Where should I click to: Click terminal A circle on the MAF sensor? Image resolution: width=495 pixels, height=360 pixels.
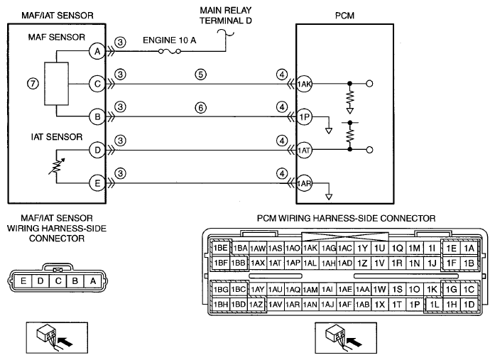[x=97, y=51]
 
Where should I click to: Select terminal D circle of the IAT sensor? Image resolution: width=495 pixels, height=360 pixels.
[x=97, y=150]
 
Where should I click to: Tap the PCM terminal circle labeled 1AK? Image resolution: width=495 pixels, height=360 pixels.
[x=304, y=84]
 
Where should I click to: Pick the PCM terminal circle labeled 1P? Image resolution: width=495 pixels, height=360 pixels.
[x=304, y=117]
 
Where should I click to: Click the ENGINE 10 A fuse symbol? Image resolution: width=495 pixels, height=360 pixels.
[x=170, y=51]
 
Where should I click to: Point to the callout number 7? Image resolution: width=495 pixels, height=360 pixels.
[x=33, y=84]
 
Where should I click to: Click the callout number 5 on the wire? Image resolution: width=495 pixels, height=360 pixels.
[x=201, y=75]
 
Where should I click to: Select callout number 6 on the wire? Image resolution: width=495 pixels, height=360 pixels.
[x=201, y=108]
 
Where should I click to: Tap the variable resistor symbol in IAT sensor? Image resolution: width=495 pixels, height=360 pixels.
[x=57, y=166]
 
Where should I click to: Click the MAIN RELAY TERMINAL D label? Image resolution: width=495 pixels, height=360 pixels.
[x=226, y=16]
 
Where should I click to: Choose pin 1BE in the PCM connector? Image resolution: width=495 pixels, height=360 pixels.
[x=221, y=248]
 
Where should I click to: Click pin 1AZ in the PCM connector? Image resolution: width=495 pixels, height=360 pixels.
[x=256, y=305]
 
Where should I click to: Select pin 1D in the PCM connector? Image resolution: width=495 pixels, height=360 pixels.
[x=469, y=305]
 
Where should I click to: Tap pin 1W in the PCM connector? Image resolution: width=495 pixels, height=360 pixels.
[x=379, y=289]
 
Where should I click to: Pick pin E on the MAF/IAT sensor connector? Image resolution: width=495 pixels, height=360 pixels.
[x=23, y=280]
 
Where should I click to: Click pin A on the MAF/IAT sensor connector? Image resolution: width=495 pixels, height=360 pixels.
[x=93, y=280]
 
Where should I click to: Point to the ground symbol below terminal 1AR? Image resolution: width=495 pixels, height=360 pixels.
[x=329, y=197]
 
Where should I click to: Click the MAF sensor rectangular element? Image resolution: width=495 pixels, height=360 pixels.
[x=57, y=84]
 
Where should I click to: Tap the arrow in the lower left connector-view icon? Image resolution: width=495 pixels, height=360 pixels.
[x=65, y=342]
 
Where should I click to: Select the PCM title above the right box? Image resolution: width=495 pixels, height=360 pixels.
[x=344, y=16]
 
